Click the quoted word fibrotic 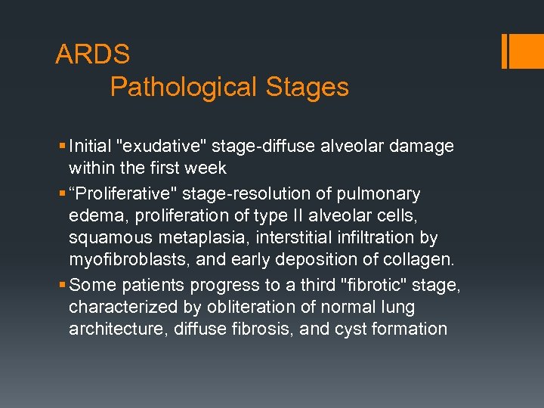point(385,285)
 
